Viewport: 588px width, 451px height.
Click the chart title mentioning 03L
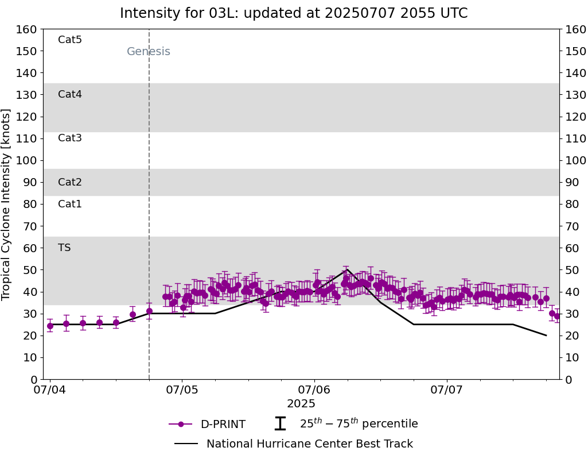click(x=294, y=13)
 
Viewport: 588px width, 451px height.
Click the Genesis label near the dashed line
click(x=149, y=52)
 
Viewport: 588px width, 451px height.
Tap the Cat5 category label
click(x=70, y=40)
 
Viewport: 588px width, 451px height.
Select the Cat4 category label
click(x=70, y=94)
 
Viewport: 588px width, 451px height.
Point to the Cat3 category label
click(x=70, y=138)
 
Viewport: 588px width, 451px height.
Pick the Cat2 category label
click(x=70, y=182)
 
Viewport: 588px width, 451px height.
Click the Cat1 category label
click(x=70, y=204)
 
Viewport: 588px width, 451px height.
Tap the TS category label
click(x=64, y=248)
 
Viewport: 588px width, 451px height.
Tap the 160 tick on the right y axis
click(x=574, y=29)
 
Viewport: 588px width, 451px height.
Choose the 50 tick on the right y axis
click(x=571, y=270)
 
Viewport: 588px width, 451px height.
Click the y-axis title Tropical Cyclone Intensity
click(x=7, y=204)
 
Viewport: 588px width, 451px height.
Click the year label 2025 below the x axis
click(x=301, y=404)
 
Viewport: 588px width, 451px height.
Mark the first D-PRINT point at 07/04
click(x=50, y=326)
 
